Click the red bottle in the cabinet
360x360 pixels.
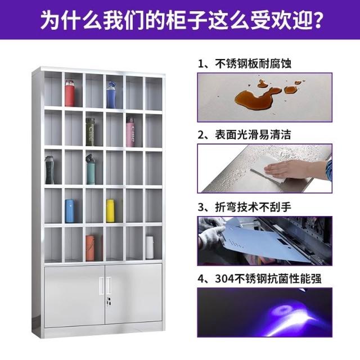[70, 93]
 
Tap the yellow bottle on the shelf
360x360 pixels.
[110, 211]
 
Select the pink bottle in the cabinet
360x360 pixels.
[130, 132]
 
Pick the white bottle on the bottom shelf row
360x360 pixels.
[150, 247]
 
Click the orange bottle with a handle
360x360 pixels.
[90, 247]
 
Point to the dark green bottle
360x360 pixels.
[90, 132]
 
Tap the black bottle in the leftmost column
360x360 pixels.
[49, 170]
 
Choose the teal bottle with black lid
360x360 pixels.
[90, 169]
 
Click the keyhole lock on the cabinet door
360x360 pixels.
[109, 301]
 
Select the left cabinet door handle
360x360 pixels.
[101, 285]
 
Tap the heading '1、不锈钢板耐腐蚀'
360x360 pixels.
[245, 64]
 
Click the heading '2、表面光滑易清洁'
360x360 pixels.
[244, 135]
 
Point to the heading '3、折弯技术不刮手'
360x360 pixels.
[245, 207]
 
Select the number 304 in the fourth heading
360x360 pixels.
[224, 279]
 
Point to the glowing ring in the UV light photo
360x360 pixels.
[285, 310]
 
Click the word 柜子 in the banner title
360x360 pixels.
[186, 20]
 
